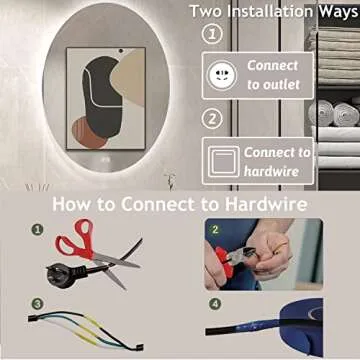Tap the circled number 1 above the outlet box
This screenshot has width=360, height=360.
coord(211,34)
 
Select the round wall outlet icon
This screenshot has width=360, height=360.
coord(222,75)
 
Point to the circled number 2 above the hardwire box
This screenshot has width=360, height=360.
coord(211,119)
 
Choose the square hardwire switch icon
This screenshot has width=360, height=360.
coord(223,161)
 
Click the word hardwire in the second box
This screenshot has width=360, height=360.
coord(271,171)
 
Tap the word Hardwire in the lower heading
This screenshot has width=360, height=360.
coord(266,204)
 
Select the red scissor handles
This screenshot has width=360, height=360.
coord(75,239)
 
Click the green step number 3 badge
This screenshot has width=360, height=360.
coord(37,304)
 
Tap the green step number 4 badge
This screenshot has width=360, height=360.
coord(215,304)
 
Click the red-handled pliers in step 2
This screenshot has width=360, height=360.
coord(234,259)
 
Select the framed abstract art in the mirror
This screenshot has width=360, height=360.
coord(106,98)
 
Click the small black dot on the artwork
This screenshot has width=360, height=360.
coord(121,51)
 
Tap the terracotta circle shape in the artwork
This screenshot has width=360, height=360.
coord(87,134)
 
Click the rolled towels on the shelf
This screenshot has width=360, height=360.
coord(333,114)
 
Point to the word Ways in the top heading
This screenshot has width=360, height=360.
coord(338,11)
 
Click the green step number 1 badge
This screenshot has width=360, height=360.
coord(37,229)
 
